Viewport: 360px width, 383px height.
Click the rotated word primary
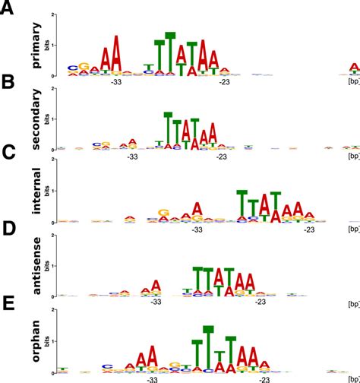pos(36,51)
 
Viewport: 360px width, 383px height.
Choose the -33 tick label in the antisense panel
pos(156,302)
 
